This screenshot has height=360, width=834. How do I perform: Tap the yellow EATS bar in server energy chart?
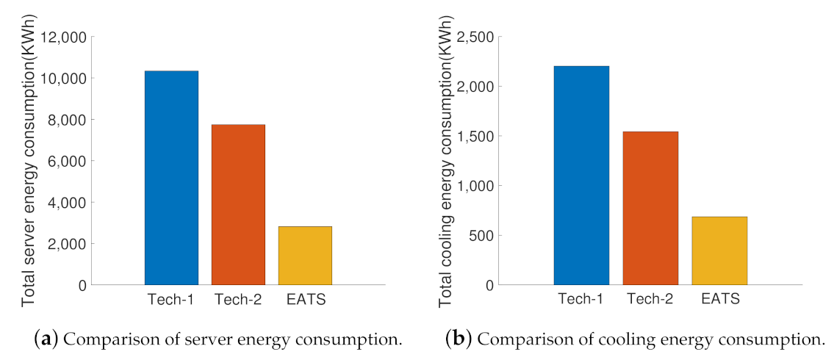coord(305,256)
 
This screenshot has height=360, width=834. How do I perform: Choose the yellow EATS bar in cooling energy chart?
coord(719,251)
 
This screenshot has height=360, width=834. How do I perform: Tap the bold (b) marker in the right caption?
coord(459,340)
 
